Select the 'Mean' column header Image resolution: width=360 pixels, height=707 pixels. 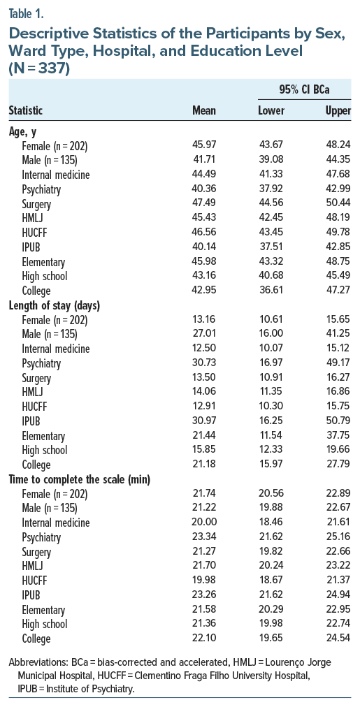204,110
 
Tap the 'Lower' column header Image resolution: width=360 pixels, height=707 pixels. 272,110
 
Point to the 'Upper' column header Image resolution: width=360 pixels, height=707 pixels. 338,110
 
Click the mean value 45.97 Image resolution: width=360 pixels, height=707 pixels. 204,145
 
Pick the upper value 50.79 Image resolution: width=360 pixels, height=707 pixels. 338,421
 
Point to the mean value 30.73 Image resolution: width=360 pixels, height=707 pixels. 204,363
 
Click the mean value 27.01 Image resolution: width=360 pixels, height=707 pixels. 204,333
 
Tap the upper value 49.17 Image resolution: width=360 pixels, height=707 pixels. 338,363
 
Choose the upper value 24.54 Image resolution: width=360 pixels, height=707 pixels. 338,639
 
